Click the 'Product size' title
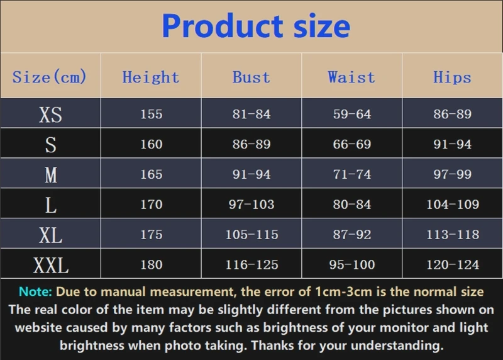(256, 26)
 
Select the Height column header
(151, 77)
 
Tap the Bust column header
(251, 77)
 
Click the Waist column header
(351, 77)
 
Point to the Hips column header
(452, 77)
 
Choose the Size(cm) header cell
(50, 77)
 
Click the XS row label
(50, 115)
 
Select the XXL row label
(50, 265)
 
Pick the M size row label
(50, 174)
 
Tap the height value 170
(151, 205)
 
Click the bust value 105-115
(251, 235)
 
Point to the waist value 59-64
(352, 115)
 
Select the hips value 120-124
(453, 265)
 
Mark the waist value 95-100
(352, 265)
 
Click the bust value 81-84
(251, 115)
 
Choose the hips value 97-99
(453, 174)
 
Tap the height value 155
(151, 115)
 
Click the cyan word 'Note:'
(36, 292)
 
